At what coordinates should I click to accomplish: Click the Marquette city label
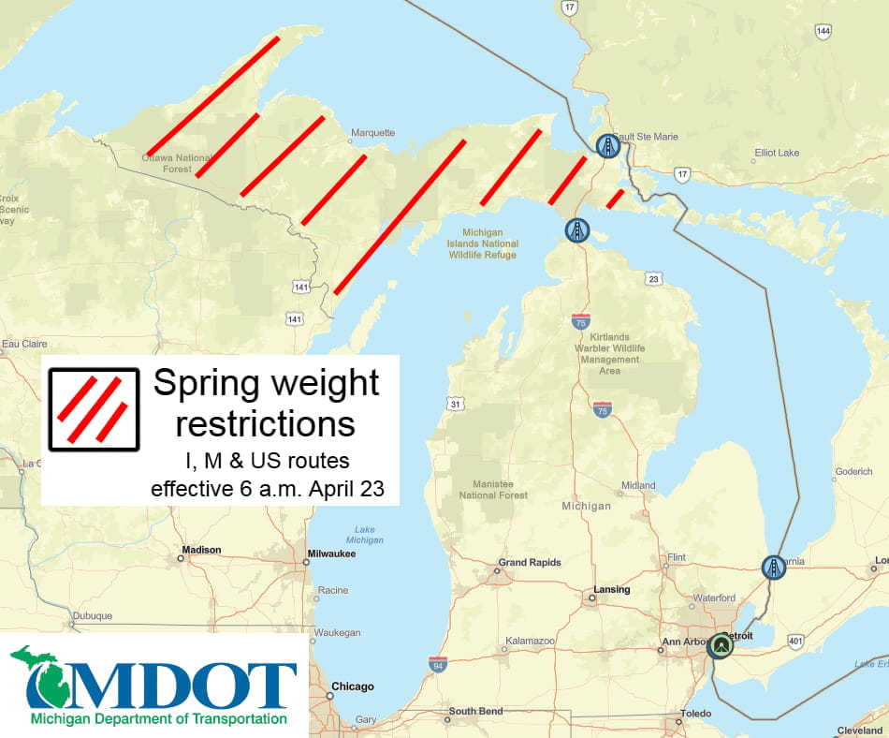[372, 133]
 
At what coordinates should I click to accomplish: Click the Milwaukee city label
[333, 553]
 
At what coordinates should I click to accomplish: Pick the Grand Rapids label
[530, 563]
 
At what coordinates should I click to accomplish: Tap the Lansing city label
[611, 590]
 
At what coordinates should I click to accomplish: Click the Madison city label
[201, 550]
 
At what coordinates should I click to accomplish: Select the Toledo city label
[695, 714]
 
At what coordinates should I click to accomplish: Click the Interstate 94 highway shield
[438, 665]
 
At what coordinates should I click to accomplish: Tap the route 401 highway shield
[795, 642]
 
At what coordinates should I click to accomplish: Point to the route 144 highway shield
[823, 32]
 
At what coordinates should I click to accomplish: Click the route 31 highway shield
[455, 404]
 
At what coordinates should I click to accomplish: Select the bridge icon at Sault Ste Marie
[608, 146]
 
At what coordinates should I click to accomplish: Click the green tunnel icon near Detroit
[720, 646]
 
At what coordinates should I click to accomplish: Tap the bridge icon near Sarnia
[773, 567]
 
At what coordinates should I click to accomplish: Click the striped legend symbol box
[94, 409]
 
